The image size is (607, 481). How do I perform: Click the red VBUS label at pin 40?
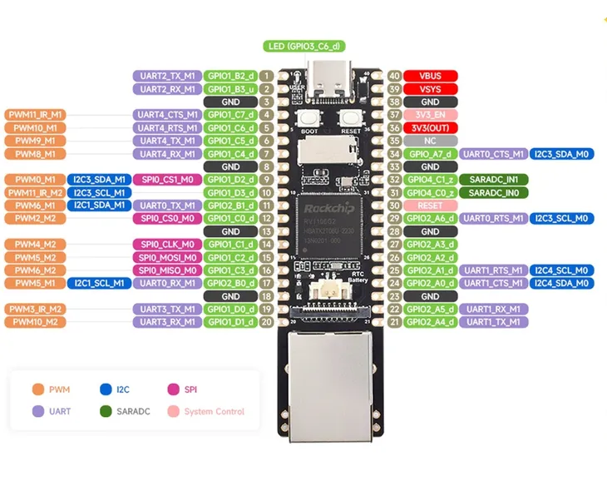[x=430, y=76]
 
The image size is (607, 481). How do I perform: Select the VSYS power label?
[x=430, y=89]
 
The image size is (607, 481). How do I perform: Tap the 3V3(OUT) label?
[x=430, y=128]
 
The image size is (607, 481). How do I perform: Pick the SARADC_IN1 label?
[x=493, y=180]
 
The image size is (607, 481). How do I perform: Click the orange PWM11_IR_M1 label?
[x=35, y=115]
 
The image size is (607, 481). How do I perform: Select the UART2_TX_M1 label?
[x=166, y=76]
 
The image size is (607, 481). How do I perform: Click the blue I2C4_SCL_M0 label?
[x=562, y=270]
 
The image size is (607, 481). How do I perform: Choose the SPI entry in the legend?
[x=186, y=389]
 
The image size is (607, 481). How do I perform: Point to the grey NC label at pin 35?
[x=430, y=141]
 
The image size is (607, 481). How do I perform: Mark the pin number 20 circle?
[x=267, y=322]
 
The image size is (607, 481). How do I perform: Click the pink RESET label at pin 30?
[x=430, y=206]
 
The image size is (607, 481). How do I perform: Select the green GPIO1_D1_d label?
[x=230, y=322]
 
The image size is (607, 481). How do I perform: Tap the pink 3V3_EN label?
[x=430, y=115]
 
